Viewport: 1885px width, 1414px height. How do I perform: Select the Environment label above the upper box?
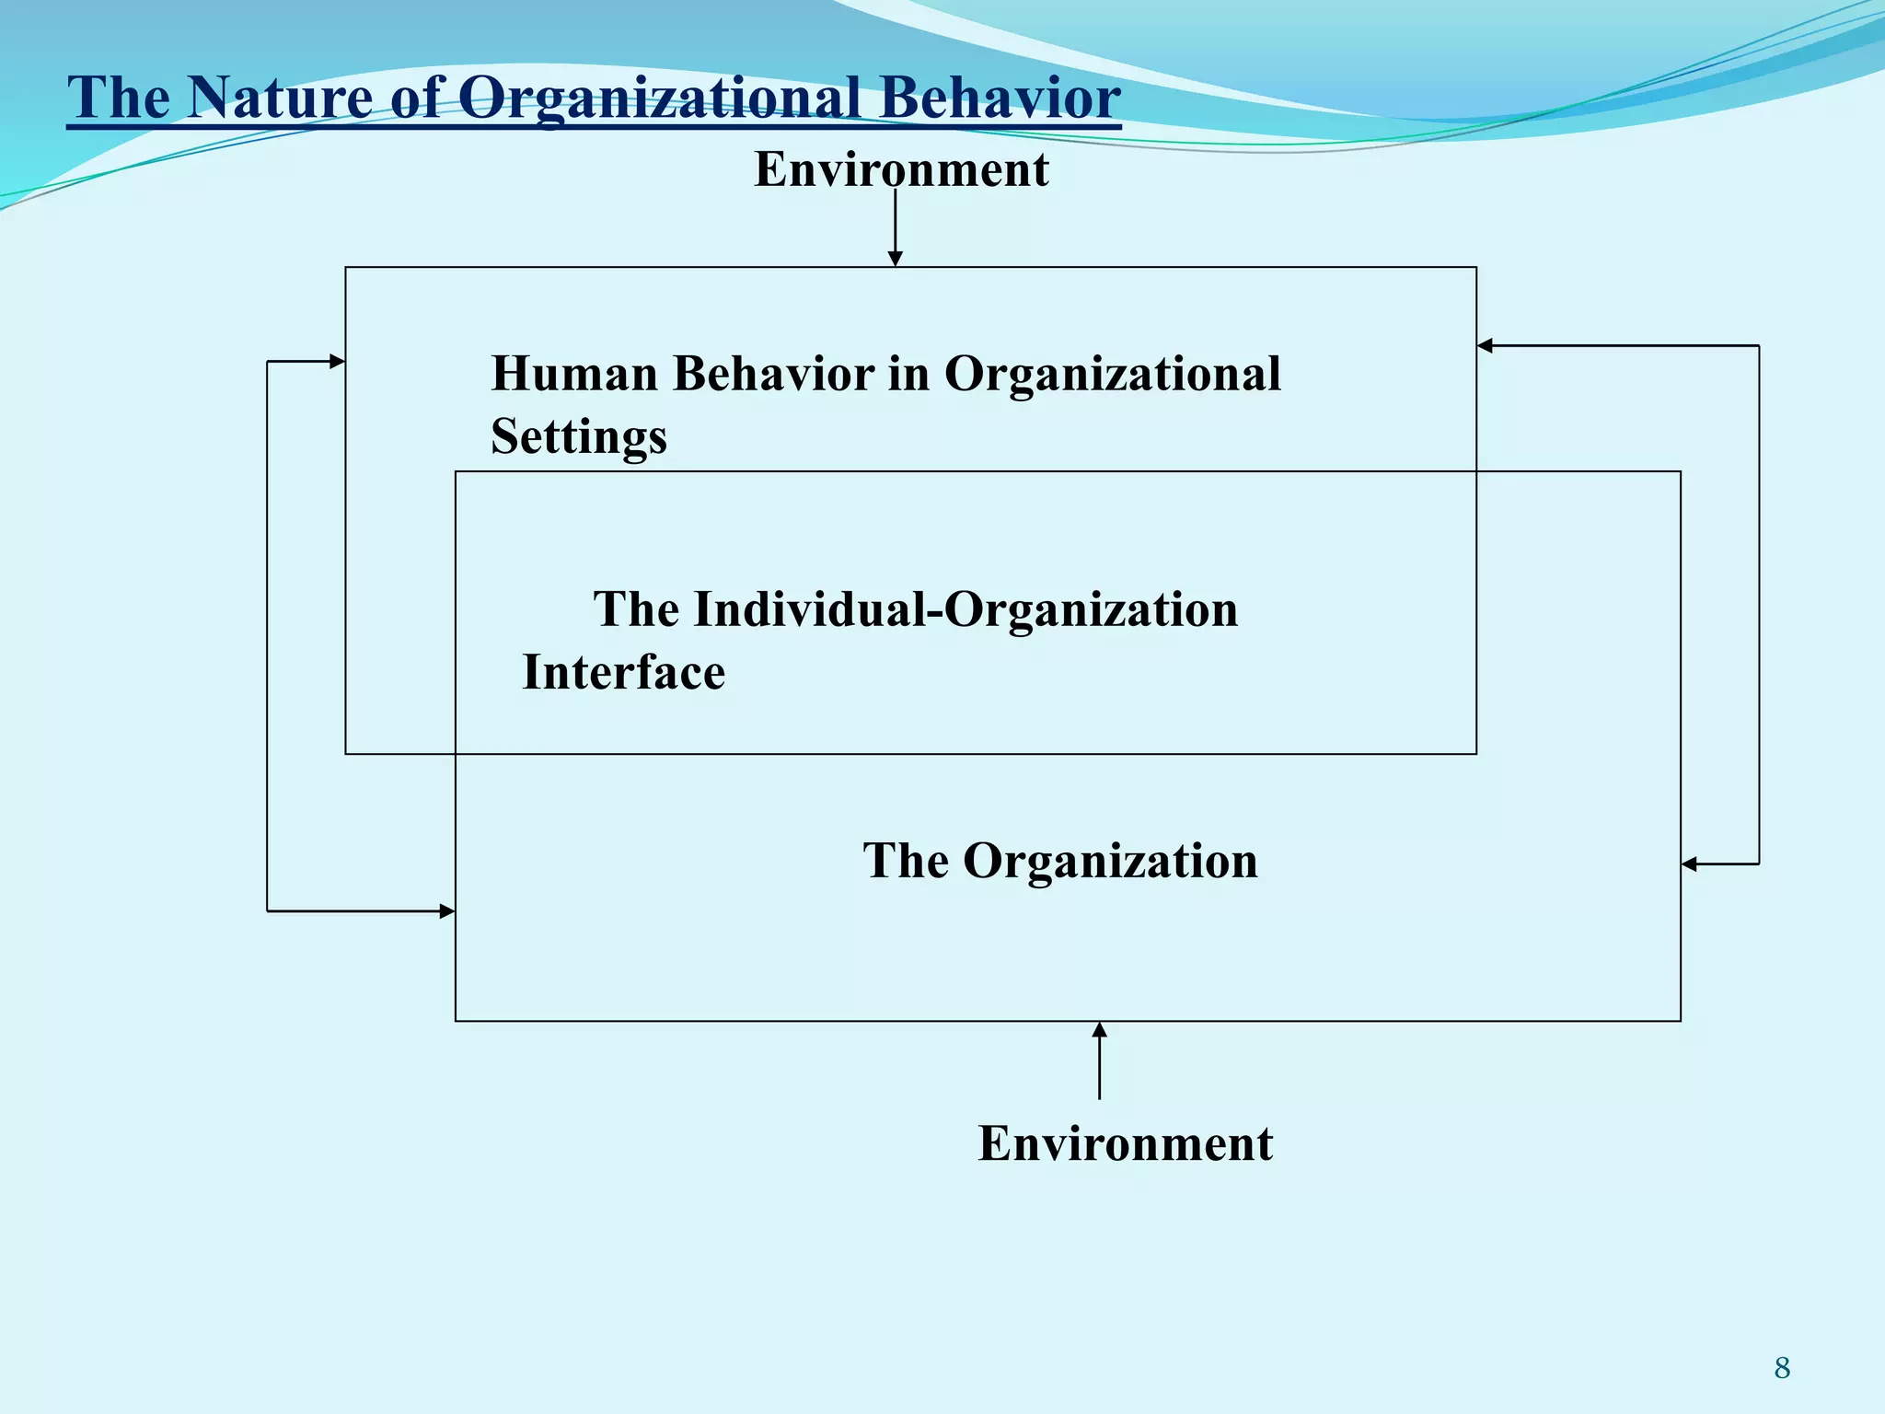tap(901, 169)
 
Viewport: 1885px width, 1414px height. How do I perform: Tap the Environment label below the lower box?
tap(1125, 1143)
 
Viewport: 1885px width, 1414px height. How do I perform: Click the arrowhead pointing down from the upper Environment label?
tap(896, 259)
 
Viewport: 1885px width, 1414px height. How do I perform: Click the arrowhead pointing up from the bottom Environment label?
tap(1099, 1030)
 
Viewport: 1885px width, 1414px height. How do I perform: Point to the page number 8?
tap(1782, 1368)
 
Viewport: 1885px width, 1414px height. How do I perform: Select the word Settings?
tap(579, 435)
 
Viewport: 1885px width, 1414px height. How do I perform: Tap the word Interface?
tap(623, 672)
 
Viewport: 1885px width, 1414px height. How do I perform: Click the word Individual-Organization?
tap(966, 609)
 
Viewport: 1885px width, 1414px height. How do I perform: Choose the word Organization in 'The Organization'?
tap(1110, 861)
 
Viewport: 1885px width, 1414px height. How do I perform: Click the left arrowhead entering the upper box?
tap(338, 362)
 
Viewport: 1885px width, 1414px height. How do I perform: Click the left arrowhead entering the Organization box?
tap(447, 911)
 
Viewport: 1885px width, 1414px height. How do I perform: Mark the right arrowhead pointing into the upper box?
tap(1485, 346)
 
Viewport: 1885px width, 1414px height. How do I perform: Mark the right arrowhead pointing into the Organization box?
tap(1689, 863)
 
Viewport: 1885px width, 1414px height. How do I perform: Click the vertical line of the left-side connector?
tap(267, 635)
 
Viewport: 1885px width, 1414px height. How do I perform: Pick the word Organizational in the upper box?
tap(1112, 374)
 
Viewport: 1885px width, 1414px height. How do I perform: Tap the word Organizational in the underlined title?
tap(659, 97)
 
